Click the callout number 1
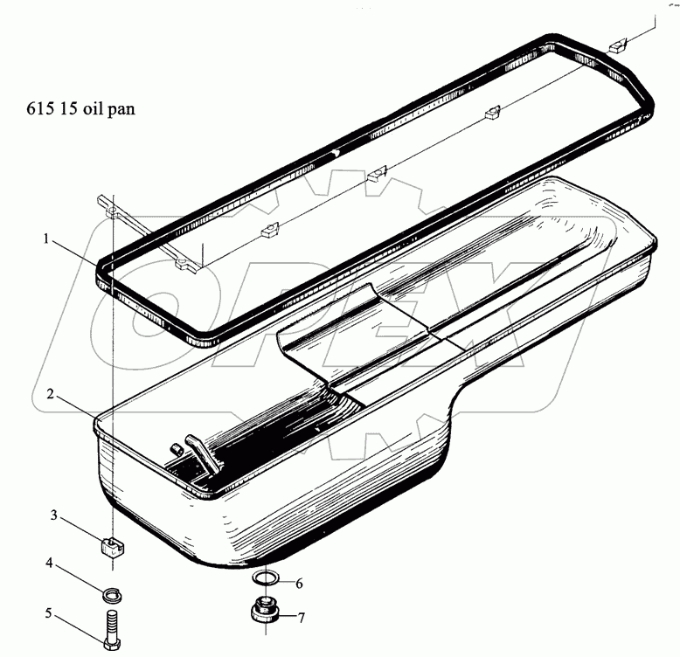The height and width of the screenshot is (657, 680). pos(46,239)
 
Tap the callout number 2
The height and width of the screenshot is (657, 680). pos(51,395)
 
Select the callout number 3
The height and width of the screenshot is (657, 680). pos(54,515)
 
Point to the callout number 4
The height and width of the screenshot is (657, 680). pos(50,563)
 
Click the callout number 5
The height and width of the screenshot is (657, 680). pos(49,613)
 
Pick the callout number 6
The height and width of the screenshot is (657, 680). pos(299,584)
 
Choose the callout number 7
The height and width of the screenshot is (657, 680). pos(301,618)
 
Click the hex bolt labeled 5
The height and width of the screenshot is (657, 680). pos(113,629)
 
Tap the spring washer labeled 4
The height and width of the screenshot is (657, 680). pos(112,595)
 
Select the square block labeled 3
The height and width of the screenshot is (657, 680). pos(113,546)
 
